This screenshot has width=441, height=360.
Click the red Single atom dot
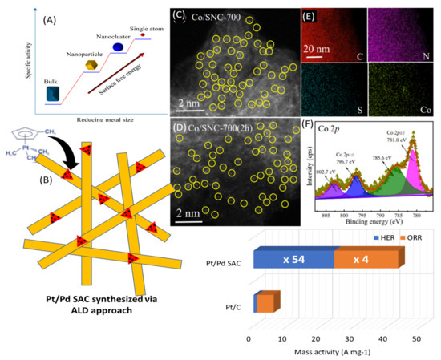142,35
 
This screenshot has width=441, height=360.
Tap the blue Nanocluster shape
117,47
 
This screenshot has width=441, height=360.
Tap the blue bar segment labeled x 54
293,259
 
